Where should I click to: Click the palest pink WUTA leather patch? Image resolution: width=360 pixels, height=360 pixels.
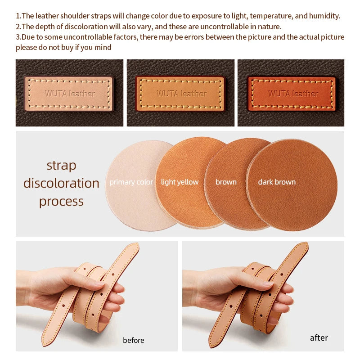pyautogui.click(x=69, y=94)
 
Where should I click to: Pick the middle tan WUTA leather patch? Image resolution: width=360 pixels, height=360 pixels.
pyautogui.click(x=180, y=94)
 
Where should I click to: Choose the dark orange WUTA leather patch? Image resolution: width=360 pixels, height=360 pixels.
pyautogui.click(x=291, y=94)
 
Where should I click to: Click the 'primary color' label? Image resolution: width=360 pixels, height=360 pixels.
pyautogui.click(x=131, y=182)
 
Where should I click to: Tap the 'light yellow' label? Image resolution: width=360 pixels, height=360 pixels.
pyautogui.click(x=180, y=182)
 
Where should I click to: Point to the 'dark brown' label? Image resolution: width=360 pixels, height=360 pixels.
pyautogui.click(x=277, y=182)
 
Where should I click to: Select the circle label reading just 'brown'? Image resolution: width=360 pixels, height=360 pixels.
pyautogui.click(x=226, y=182)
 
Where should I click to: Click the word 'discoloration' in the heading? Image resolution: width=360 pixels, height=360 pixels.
pyautogui.click(x=61, y=183)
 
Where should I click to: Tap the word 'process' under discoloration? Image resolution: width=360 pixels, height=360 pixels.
pyautogui.click(x=61, y=202)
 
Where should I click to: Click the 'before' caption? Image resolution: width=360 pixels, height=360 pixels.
pyautogui.click(x=133, y=340)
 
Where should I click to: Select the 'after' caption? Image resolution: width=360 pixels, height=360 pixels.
pyautogui.click(x=319, y=338)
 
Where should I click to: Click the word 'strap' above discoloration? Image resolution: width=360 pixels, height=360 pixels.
pyautogui.click(x=61, y=165)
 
